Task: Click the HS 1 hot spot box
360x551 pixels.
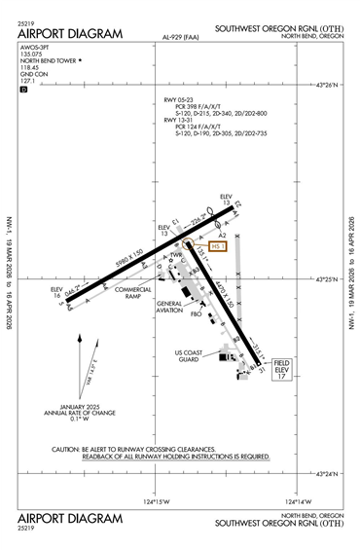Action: point(218,247)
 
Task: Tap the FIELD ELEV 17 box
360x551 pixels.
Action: point(282,370)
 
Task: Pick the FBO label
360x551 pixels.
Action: point(196,314)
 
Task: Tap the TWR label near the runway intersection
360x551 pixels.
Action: point(176,256)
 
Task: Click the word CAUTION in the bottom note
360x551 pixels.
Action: point(66,449)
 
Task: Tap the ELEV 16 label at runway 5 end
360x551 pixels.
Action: point(56,292)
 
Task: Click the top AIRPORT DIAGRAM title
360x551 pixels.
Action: point(70,33)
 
